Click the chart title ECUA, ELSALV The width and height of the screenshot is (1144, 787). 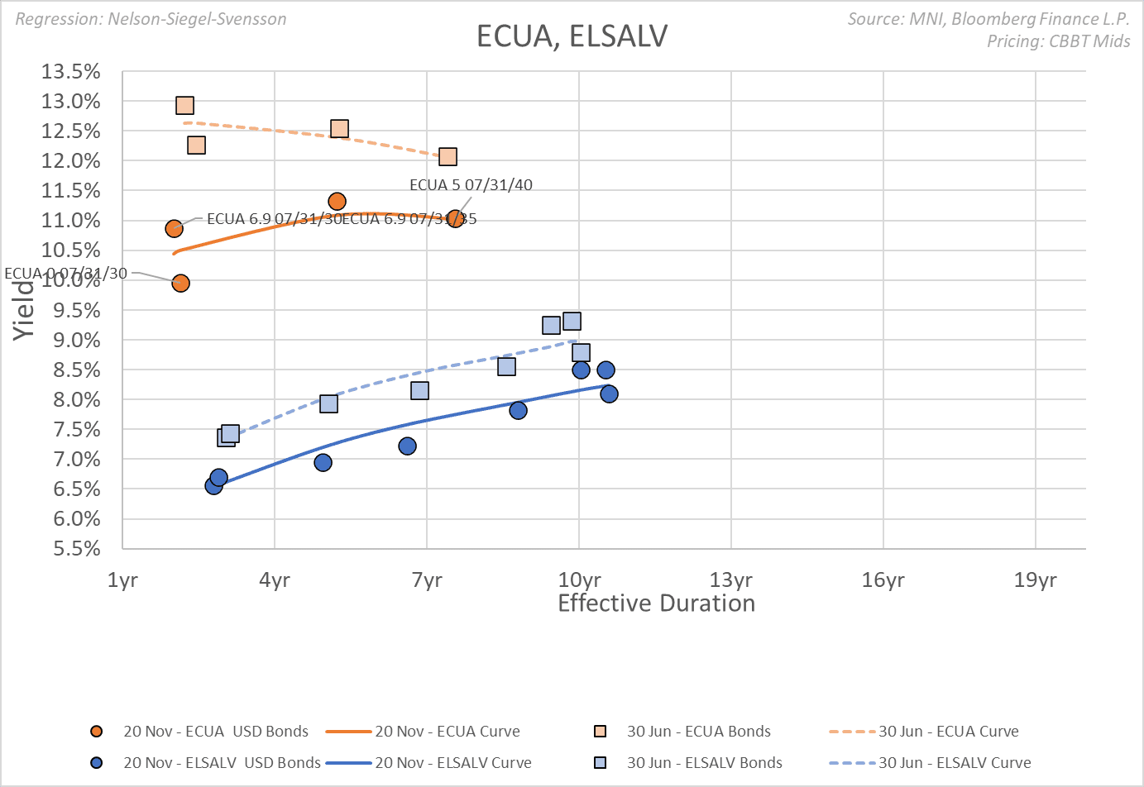pos(572,36)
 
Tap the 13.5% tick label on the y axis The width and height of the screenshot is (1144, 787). pos(71,72)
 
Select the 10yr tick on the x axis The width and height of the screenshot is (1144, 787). pos(579,580)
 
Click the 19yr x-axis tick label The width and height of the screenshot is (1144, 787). pos(1035,580)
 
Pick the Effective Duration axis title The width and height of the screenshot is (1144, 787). pos(656,603)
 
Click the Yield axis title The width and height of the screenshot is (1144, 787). pos(23,310)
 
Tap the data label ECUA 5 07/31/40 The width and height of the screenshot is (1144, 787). pos(471,185)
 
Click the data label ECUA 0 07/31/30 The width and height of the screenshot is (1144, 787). pos(66,274)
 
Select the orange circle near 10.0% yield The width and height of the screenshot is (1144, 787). pos(180,284)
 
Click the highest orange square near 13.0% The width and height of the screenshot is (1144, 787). pos(184,105)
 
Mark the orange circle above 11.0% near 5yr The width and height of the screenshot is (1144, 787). pos(337,202)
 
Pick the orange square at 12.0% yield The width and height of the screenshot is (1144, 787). pos(448,157)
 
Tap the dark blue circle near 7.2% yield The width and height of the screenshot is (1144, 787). pos(407,446)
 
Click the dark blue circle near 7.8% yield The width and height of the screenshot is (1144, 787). pos(518,411)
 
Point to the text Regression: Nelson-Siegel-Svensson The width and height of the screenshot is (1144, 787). pos(151,19)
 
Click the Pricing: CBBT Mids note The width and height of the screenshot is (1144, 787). pos(1058,41)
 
